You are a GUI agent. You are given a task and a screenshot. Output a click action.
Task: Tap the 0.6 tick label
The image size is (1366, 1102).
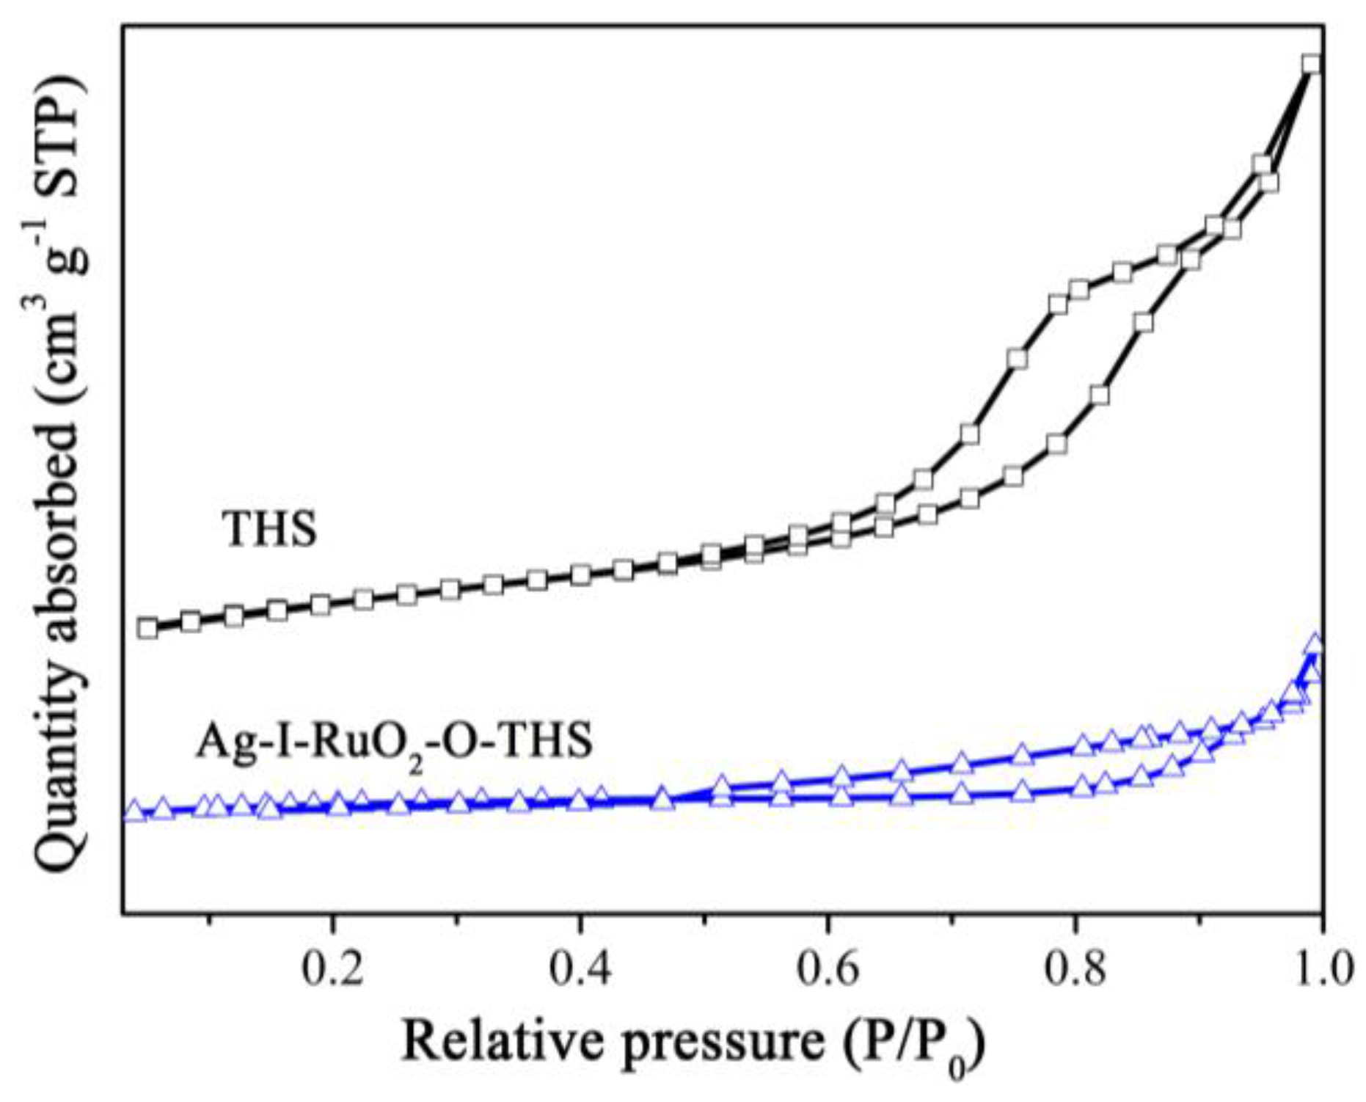828,969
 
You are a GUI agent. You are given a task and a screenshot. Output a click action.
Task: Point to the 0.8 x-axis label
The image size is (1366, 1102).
1075,969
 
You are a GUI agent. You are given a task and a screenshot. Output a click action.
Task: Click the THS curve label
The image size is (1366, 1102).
270,529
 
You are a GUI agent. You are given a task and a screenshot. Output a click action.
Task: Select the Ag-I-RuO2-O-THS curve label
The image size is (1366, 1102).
394,742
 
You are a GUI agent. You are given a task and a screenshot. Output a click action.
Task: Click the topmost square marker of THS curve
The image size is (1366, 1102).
1311,64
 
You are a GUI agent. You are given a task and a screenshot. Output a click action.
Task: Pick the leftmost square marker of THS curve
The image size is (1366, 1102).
147,628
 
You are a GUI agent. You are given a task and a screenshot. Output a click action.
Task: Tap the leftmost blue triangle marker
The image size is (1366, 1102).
134,811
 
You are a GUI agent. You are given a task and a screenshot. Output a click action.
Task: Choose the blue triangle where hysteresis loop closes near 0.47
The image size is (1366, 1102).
662,798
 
